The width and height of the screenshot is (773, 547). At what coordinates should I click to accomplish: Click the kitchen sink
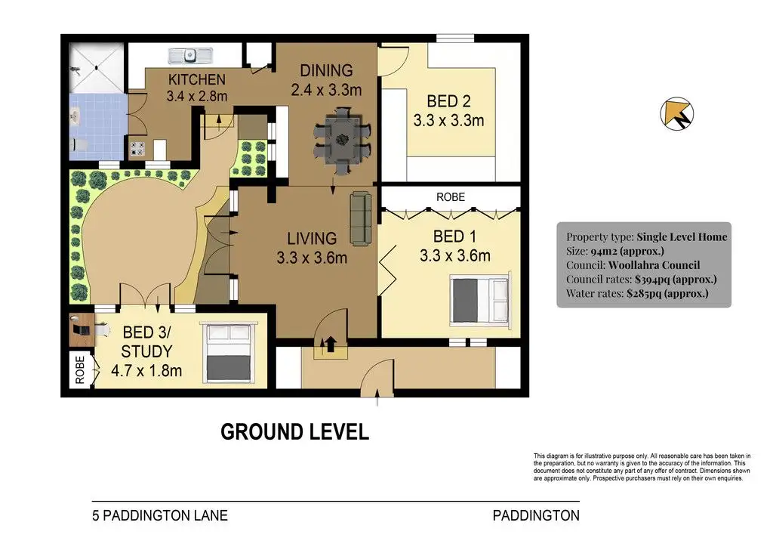(190, 56)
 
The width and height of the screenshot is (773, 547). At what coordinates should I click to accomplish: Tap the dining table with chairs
(343, 140)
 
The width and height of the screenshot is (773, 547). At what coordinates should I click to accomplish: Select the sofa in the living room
(361, 218)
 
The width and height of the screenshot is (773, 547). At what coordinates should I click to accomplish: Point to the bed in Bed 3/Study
(229, 353)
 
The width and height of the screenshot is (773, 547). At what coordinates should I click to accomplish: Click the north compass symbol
(677, 113)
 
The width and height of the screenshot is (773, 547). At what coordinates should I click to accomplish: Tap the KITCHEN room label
(197, 79)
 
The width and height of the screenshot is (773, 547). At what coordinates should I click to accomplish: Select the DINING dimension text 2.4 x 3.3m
(326, 90)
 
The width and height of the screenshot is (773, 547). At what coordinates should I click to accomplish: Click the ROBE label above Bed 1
(451, 196)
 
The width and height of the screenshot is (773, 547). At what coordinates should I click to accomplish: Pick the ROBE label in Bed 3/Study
(80, 370)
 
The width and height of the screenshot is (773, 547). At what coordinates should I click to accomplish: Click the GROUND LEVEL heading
(295, 432)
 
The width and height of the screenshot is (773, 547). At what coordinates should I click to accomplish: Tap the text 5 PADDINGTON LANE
(160, 515)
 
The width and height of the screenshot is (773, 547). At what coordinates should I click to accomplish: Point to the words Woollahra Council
(654, 265)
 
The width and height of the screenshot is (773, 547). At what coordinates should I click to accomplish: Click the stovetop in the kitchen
(137, 149)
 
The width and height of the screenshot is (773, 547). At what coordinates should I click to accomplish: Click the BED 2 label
(448, 101)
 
